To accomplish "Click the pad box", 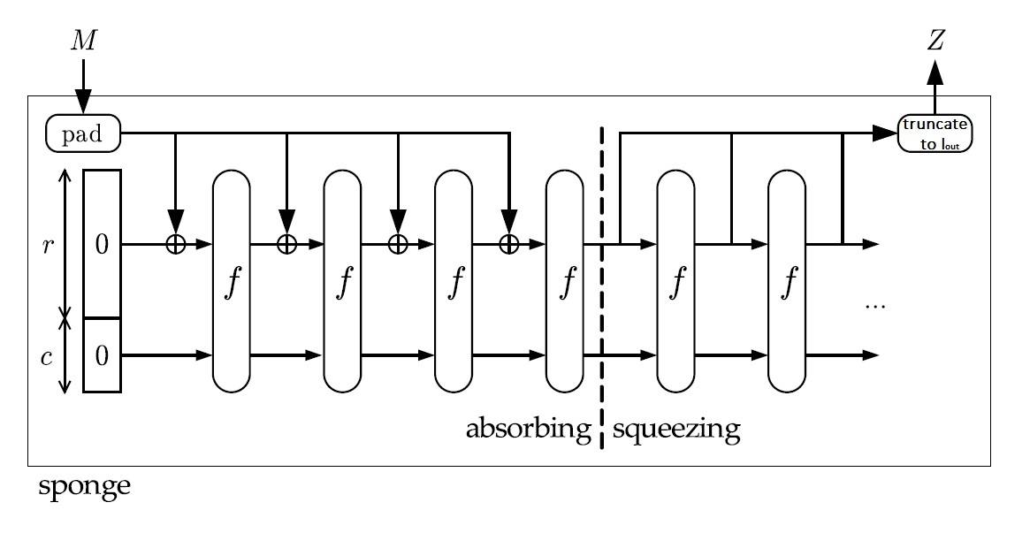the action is coord(83,133).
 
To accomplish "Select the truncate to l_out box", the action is coord(935,133).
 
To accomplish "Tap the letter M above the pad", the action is coord(83,41).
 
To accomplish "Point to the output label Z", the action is coord(935,41).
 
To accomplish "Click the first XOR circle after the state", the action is coord(175,244).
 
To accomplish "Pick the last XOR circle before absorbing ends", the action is coord(509,244).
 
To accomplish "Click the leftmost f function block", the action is coord(232,281).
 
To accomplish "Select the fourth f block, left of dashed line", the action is coord(564,281).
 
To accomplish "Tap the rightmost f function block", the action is coord(787,281).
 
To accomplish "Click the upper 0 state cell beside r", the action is coord(102,244).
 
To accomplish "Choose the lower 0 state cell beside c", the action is coord(102,355).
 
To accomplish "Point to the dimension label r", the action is coord(47,246).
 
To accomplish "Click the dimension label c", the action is coord(47,358).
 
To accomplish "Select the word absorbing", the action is coord(528,430).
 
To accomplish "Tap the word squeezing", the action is coord(676,430).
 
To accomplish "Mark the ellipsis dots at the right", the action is coord(875,306).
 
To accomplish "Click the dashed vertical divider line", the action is coord(602,287).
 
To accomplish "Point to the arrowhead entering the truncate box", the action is coord(886,133).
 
